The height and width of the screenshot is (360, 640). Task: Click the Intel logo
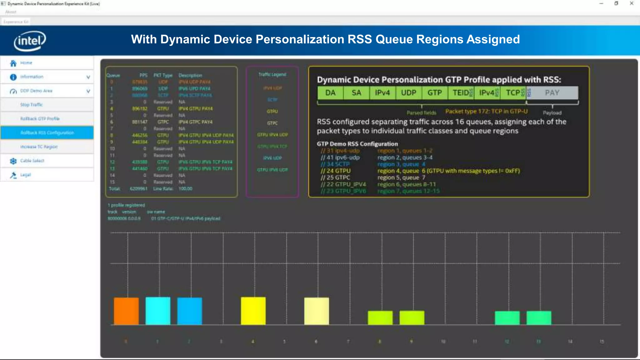(x=30, y=41)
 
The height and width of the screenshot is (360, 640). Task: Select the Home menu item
(x=26, y=63)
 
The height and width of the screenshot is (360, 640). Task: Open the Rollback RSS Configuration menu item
(x=47, y=133)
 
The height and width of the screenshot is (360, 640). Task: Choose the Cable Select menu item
(x=32, y=161)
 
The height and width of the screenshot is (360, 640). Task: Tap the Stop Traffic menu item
(x=31, y=105)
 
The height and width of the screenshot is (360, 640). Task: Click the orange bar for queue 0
(x=126, y=311)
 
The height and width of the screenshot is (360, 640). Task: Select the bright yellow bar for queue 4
(x=253, y=311)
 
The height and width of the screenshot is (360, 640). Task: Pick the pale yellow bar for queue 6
(x=317, y=311)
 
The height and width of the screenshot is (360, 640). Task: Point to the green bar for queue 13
(x=539, y=318)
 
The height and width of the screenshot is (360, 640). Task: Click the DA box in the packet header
(x=330, y=93)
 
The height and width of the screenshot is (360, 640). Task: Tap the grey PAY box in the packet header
(x=552, y=93)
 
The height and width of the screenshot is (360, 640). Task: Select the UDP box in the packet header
(x=408, y=93)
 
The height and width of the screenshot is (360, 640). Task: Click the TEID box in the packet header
(x=461, y=93)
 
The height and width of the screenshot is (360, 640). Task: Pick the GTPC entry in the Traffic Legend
(x=272, y=123)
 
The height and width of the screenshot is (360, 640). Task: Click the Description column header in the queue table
(x=190, y=75)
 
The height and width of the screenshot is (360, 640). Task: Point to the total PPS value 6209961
(x=138, y=189)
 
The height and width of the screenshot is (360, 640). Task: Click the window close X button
(x=631, y=3)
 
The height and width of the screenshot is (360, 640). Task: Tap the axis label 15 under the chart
(x=602, y=342)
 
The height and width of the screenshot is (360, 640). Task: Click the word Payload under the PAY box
(x=552, y=113)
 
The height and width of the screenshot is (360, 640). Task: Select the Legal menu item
(x=26, y=175)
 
